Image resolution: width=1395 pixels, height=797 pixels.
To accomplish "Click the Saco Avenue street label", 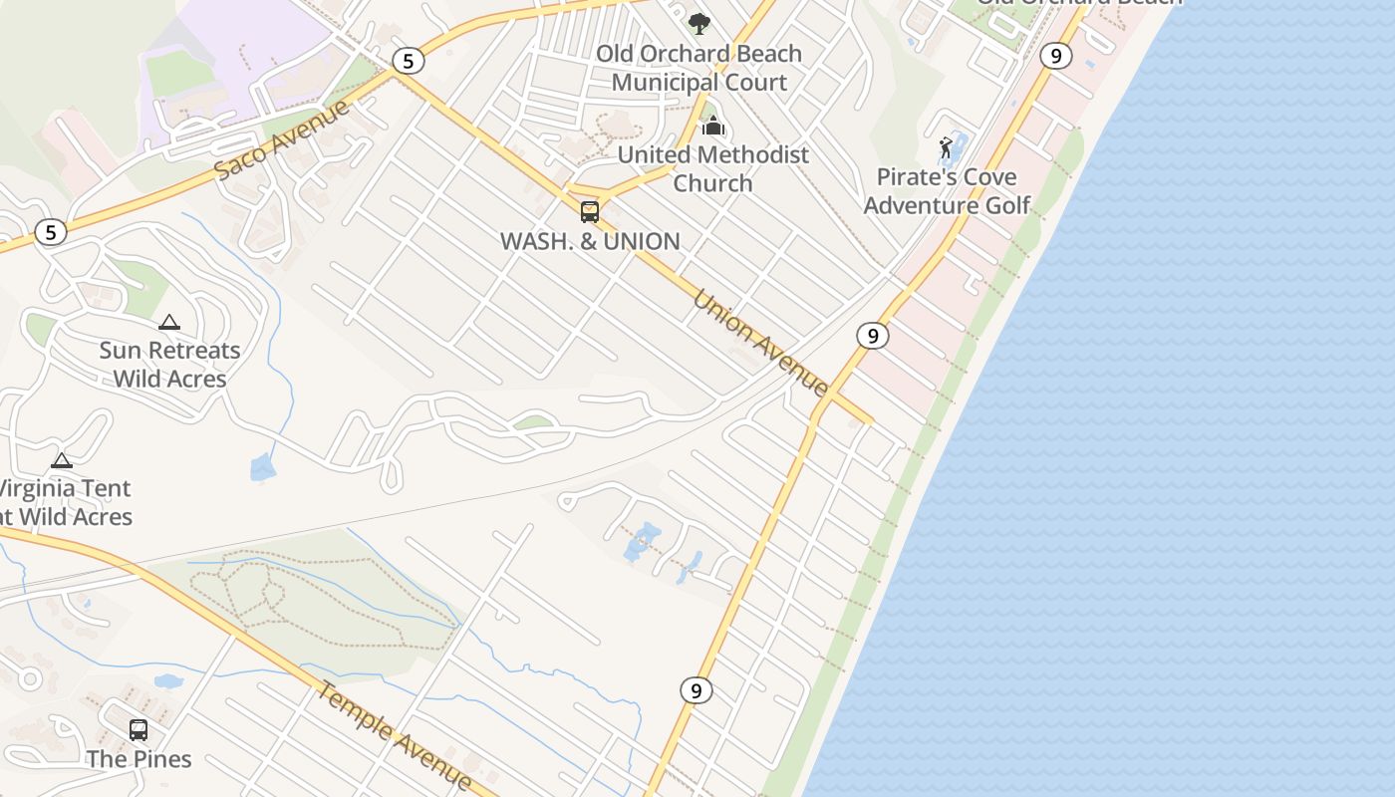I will (x=282, y=139).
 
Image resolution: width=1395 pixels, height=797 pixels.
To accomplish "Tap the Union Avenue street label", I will (x=760, y=343).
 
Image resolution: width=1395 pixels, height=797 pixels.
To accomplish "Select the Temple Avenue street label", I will (x=395, y=735).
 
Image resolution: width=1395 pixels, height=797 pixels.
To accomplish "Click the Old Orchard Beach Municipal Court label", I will (x=698, y=68).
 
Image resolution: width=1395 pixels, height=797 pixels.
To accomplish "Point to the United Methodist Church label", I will (x=712, y=168).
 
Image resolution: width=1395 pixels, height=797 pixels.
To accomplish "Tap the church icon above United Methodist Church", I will (x=712, y=126).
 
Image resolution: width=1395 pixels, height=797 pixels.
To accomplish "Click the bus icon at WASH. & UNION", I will (x=590, y=211).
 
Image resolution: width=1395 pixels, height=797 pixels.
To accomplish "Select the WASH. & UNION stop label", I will (x=590, y=241).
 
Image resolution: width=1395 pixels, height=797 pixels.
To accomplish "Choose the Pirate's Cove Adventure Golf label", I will (x=947, y=191).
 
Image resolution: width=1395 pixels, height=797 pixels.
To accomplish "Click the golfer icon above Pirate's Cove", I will (x=946, y=148).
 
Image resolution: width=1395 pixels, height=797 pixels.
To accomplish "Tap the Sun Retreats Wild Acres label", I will (x=169, y=365).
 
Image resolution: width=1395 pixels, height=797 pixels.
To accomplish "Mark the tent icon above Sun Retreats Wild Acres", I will (x=169, y=322).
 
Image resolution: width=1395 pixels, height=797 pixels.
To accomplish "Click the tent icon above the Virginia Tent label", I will (x=62, y=460).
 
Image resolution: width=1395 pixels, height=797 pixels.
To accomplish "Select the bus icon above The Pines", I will (x=139, y=730).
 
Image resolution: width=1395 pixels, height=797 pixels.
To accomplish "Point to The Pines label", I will (x=139, y=759).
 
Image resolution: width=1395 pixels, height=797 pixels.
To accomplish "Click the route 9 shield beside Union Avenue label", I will (x=872, y=336).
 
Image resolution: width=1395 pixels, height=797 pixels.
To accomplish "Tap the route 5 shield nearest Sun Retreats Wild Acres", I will (x=50, y=233).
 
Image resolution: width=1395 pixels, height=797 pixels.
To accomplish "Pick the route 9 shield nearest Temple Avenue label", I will (x=696, y=689).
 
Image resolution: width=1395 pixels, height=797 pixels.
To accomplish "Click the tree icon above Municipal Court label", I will (x=699, y=23).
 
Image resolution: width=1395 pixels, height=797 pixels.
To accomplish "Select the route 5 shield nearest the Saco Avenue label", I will (x=407, y=62).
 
